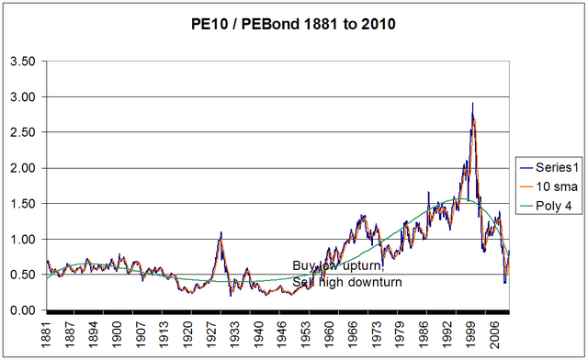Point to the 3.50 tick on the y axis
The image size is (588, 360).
point(22,62)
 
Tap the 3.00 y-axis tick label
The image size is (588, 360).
point(22,97)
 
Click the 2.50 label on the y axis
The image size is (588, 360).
point(22,133)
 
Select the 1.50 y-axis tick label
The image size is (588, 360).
point(22,204)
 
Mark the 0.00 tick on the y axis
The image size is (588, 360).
point(22,311)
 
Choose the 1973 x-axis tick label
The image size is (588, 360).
point(375,332)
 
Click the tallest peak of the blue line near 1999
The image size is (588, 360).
point(472,104)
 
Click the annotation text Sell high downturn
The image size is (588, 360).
point(347,282)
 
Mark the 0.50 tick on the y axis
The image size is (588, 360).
point(22,276)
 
